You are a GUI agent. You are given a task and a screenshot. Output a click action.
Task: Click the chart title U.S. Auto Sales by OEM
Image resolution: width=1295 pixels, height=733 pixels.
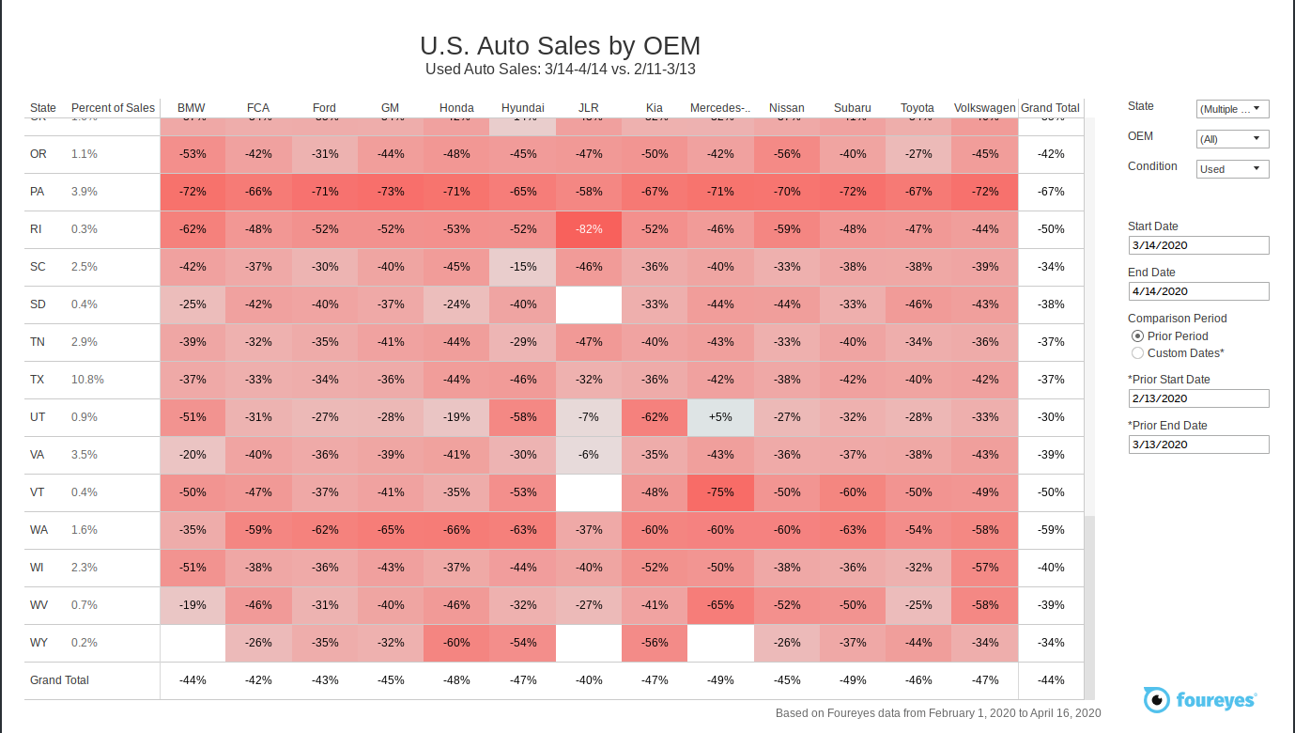point(560,46)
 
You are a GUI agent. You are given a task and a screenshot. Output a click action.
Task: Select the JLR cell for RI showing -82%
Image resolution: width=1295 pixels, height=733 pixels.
point(589,229)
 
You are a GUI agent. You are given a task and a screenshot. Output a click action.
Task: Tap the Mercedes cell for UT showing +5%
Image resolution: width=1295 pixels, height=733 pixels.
point(720,417)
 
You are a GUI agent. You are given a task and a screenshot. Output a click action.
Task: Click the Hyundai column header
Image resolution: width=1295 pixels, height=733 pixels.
point(522,108)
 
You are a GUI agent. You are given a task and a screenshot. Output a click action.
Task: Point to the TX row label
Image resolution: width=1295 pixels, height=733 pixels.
point(38,380)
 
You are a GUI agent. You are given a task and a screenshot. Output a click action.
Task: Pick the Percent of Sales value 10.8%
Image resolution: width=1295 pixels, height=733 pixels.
point(87,380)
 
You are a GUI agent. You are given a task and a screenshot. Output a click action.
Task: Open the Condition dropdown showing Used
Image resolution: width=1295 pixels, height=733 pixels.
point(1232,169)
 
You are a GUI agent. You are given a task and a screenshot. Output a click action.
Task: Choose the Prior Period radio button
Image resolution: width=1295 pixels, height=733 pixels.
point(1138,336)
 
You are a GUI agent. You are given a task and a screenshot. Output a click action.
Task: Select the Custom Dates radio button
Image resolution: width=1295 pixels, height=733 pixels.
point(1138,353)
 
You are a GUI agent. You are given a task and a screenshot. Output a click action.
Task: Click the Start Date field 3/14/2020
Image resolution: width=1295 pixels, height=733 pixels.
point(1197,245)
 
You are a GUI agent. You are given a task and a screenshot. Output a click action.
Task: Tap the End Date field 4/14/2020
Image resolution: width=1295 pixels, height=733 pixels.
point(1197,291)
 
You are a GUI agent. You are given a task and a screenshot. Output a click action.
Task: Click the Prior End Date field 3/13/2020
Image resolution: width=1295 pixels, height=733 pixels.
point(1197,444)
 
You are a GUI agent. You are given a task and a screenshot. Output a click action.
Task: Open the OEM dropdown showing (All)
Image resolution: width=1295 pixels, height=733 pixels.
point(1232,139)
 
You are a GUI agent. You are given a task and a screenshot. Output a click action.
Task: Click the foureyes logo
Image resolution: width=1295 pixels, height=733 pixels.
point(1199,699)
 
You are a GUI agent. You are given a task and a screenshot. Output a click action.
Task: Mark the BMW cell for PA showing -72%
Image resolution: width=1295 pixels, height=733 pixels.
point(193,192)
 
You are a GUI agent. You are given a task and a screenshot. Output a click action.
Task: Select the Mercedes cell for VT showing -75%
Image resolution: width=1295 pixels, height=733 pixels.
point(720,492)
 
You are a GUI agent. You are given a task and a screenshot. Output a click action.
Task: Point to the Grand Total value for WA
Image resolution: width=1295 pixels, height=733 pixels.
point(1051,530)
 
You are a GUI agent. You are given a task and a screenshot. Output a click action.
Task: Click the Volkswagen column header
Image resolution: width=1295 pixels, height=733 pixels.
point(984,108)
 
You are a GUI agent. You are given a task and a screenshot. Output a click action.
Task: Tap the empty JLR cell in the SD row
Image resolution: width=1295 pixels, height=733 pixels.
point(589,304)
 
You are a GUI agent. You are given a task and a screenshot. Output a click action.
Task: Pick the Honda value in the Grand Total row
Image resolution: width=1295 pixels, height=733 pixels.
point(456,680)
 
